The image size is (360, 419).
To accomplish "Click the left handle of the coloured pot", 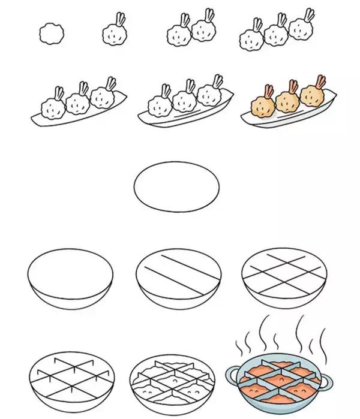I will point(230,376).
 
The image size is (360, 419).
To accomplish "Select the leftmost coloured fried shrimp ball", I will point(263,106).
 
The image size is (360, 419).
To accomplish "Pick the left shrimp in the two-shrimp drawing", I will point(179,35).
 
